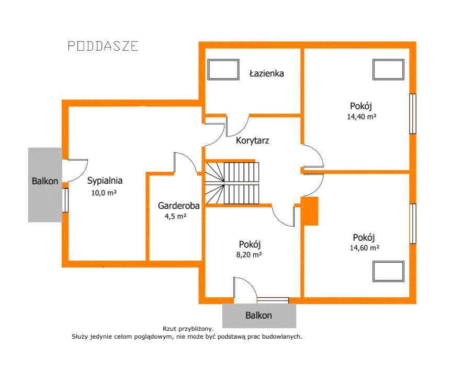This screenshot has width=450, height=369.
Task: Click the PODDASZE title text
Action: pos(103,46)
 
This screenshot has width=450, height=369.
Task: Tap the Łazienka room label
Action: pos(266,73)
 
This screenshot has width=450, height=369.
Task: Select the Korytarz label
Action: pos(252,140)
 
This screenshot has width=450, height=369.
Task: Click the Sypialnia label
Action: pos(105,181)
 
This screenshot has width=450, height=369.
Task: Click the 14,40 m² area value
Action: pos(361,117)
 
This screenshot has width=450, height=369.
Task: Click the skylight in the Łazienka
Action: pos(223,69)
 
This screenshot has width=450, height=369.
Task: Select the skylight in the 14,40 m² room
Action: pos(388,69)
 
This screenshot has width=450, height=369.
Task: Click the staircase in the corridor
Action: pos(233,183)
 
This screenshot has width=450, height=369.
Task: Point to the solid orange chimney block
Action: pos(310,211)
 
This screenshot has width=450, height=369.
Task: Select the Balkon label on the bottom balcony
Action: pos(258,316)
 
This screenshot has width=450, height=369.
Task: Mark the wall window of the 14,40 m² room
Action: pos(412,114)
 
